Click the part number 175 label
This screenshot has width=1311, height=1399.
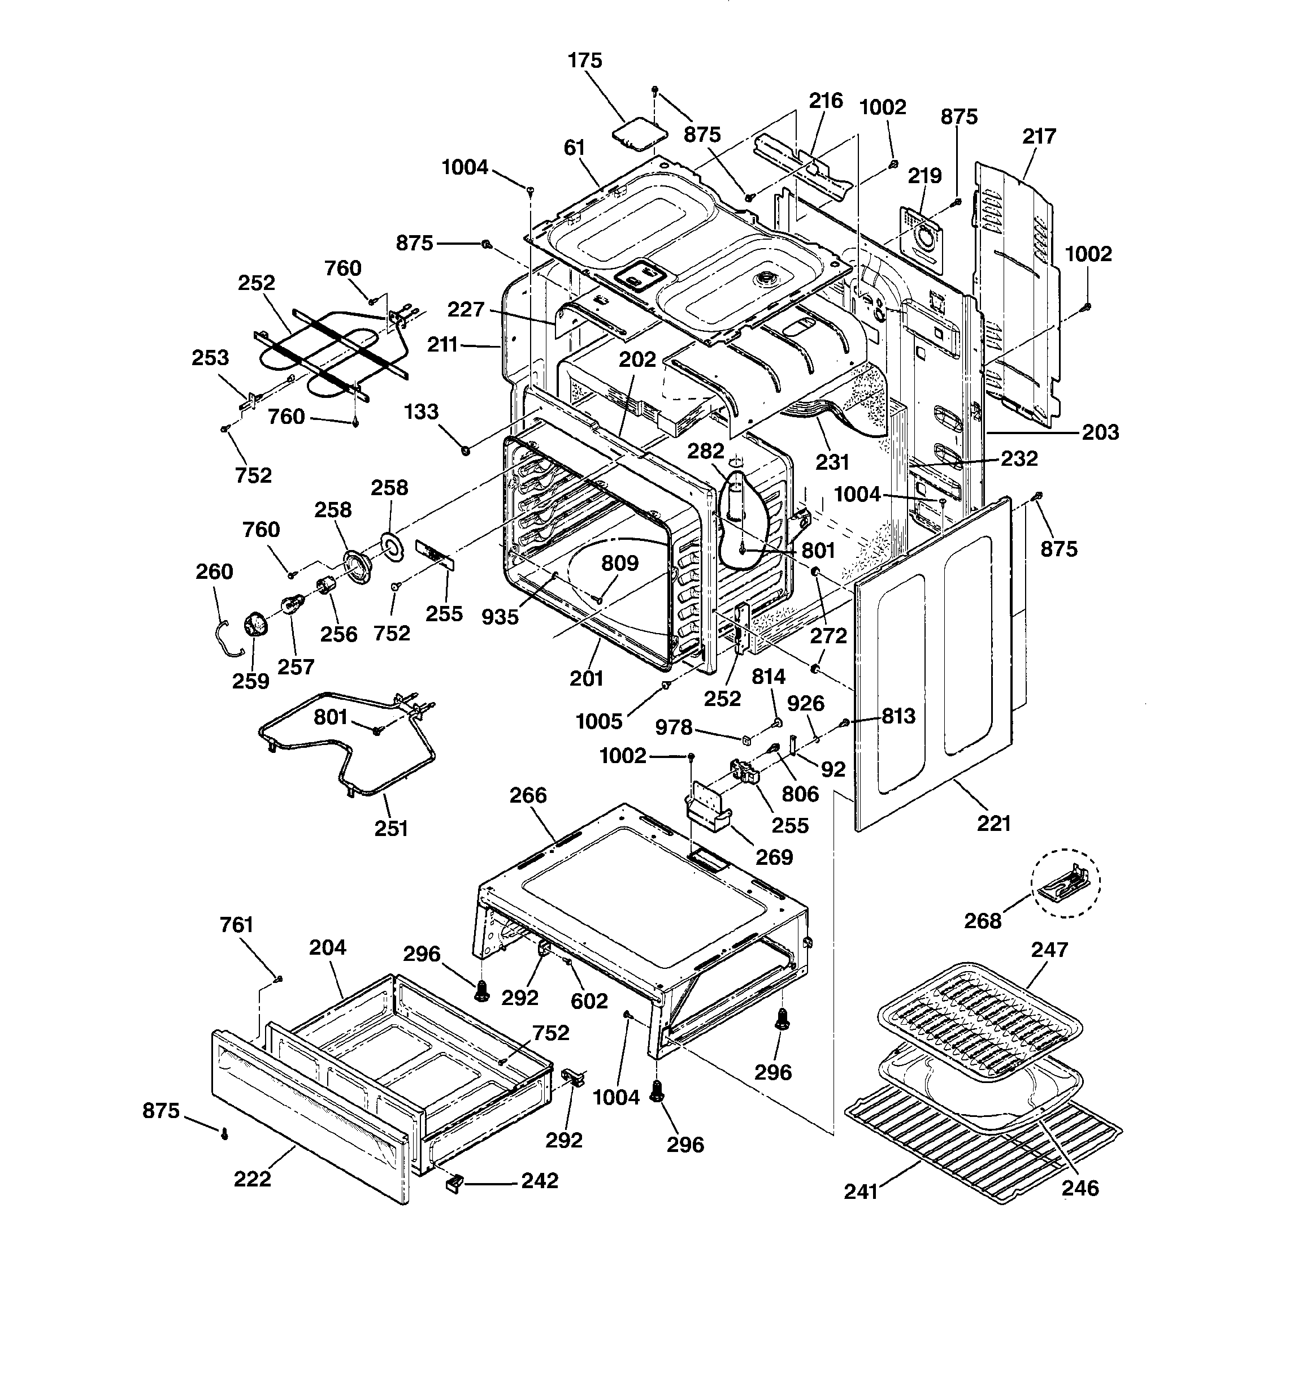pos(585,60)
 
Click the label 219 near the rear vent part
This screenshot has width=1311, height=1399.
pos(924,176)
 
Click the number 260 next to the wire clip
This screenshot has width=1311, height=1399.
pos(214,571)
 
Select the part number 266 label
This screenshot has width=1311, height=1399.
pos(528,795)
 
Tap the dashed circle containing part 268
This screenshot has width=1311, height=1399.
pos(1065,882)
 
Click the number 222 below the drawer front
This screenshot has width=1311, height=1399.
pos(252,1178)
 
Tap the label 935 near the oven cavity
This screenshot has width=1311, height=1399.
pos(500,617)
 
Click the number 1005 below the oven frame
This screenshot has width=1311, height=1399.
pos(599,721)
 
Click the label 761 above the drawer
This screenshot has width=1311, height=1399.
pos(236,925)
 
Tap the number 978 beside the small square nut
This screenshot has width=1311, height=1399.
pos(674,727)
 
